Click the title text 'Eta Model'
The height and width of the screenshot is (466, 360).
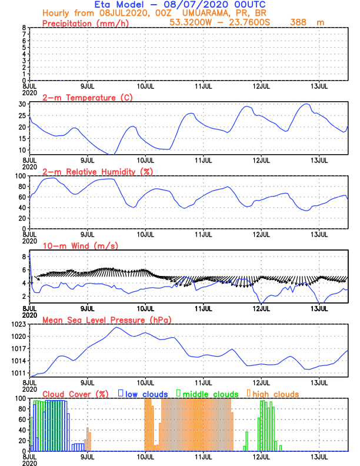pos(116,5)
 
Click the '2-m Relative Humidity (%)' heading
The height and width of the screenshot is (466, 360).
pos(95,171)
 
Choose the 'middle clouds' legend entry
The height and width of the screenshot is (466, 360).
pos(211,394)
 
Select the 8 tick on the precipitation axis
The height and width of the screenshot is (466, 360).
pos(24,28)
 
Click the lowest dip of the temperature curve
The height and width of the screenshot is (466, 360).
pos(111,154)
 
